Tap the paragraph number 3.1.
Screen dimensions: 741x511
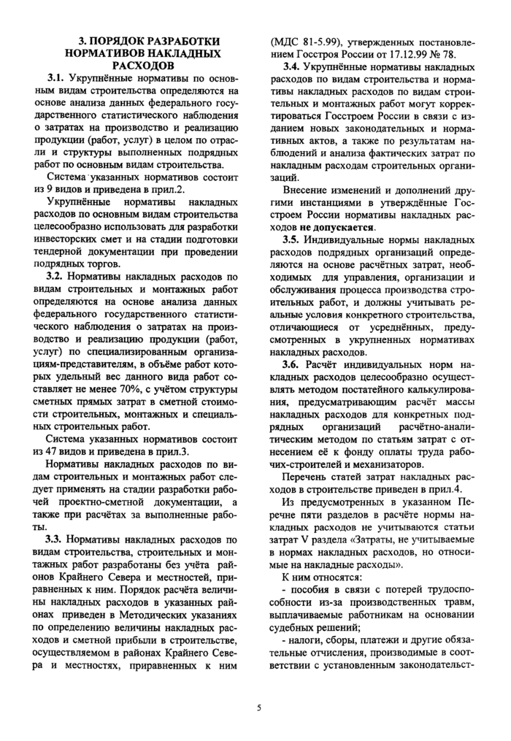click(x=56, y=77)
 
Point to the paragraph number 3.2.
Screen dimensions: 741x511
click(x=56, y=277)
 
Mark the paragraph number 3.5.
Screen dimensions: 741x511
click(x=294, y=239)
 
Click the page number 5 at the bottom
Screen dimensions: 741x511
click(x=258, y=707)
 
